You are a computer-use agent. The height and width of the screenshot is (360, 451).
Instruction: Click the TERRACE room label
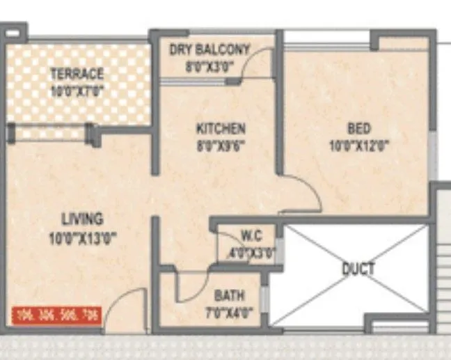coord(77,73)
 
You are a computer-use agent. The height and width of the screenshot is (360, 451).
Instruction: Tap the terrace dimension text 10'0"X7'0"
coord(77,90)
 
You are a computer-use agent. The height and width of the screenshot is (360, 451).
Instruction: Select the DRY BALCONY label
coord(209,50)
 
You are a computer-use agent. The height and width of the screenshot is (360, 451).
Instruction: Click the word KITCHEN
coord(220,129)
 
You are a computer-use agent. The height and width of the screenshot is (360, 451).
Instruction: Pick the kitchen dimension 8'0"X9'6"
coord(220,146)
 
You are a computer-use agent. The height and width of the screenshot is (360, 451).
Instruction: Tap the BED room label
coord(359,129)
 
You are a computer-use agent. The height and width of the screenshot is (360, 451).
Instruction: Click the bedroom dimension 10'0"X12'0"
coord(359,146)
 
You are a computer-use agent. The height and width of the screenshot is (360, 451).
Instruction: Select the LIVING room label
coord(81,219)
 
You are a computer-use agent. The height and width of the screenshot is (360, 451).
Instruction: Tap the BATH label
coord(229,295)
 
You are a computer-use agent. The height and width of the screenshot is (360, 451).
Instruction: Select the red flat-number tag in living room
coord(56,314)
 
